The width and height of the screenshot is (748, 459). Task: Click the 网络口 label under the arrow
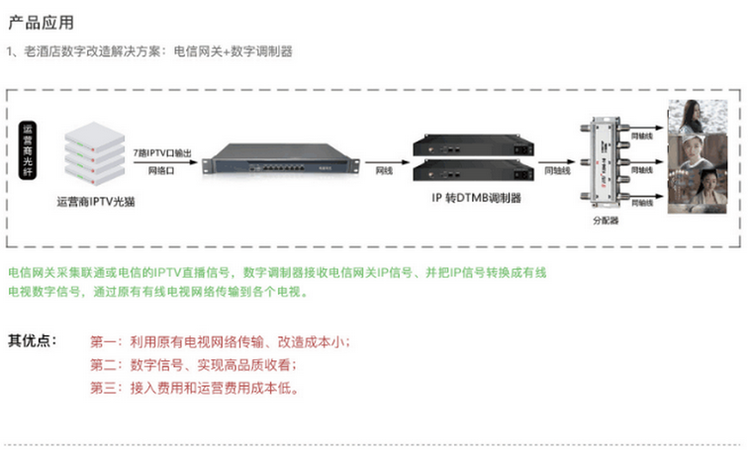tap(161, 171)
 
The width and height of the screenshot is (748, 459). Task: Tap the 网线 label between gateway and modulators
tap(385, 171)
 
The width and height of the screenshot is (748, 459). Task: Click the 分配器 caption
tap(605, 221)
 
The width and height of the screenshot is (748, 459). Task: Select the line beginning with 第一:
tap(219, 342)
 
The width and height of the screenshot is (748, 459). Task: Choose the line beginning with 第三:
tap(194, 388)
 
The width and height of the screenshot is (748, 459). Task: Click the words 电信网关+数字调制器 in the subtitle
tap(233, 49)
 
